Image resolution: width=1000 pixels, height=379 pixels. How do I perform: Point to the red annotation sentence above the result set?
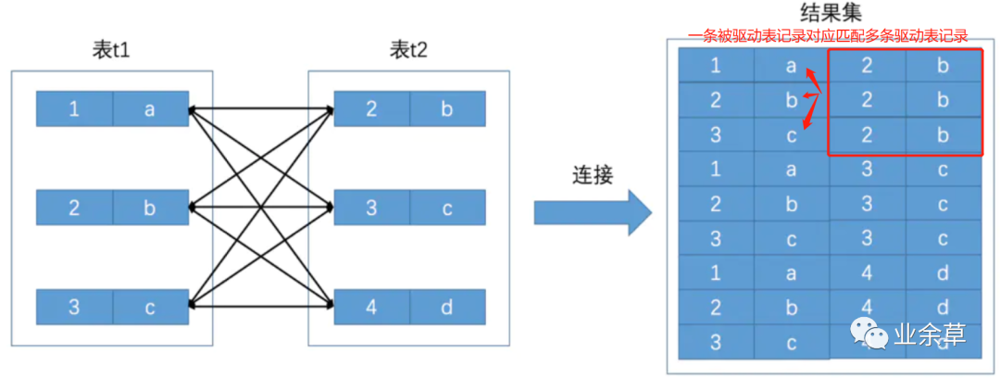point(827,36)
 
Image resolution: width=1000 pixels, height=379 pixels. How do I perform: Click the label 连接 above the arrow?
point(592,174)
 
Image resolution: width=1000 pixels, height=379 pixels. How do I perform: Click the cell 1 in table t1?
point(74,109)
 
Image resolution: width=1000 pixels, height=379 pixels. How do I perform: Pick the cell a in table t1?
point(150,109)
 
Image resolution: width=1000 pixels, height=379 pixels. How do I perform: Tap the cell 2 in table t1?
point(74,208)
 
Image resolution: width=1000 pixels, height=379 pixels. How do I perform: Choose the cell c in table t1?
point(150,307)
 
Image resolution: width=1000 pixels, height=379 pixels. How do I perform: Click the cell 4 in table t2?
point(371,307)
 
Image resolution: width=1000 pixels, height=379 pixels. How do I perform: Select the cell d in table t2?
point(447,307)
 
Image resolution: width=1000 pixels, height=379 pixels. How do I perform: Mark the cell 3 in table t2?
point(371,208)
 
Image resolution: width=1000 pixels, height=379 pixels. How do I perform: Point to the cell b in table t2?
point(447,109)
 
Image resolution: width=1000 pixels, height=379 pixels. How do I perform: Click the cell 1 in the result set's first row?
point(716,66)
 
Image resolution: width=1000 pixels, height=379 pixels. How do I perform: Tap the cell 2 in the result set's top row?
point(866,66)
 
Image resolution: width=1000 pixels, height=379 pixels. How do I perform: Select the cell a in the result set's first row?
point(791,66)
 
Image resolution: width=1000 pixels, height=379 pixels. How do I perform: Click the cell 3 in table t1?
point(74,307)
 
